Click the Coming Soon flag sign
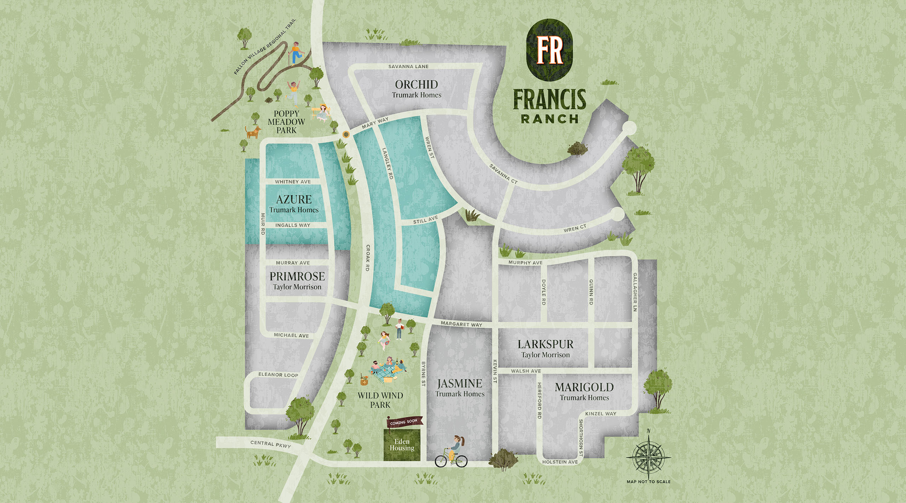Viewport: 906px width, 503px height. click(404, 422)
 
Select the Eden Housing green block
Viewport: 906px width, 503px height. click(402, 445)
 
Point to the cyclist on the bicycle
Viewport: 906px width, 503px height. click(452, 453)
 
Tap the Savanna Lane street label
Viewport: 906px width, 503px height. click(408, 67)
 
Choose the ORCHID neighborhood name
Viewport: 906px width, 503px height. click(416, 85)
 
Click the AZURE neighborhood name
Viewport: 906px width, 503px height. click(294, 199)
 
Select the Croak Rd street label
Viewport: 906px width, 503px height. click(367, 258)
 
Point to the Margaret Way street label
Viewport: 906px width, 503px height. click(461, 324)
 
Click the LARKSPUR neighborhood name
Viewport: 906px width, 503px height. click(545, 344)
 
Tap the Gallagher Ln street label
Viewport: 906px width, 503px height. click(635, 292)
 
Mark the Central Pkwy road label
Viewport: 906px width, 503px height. click(270, 444)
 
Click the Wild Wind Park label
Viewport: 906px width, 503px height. click(380, 400)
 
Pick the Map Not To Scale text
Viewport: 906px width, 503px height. click(648, 481)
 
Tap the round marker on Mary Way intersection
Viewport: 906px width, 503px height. click(345, 135)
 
